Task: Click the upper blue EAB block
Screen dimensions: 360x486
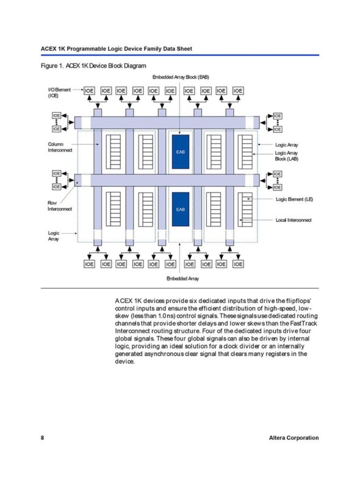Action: (x=181, y=152)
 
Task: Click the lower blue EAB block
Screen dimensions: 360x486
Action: (x=181, y=209)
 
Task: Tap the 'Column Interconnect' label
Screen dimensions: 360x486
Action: (x=60, y=147)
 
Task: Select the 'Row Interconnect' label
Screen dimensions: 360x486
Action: (x=60, y=206)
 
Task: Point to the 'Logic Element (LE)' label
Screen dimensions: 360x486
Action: (x=294, y=199)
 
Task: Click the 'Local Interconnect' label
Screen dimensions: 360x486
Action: (x=293, y=220)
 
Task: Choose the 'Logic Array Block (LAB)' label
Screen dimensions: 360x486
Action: (x=287, y=155)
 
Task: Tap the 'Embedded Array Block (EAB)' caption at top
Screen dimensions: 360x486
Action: (x=181, y=77)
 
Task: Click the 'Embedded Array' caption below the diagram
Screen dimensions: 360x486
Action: (x=182, y=278)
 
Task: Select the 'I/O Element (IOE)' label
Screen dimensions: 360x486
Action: (x=59, y=92)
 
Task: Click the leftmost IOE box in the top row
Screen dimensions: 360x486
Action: (x=89, y=90)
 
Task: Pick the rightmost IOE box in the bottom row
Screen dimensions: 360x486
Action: (x=238, y=264)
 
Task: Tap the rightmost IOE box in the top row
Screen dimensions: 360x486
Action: (x=238, y=90)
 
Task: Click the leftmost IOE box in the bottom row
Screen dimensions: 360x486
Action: (x=89, y=264)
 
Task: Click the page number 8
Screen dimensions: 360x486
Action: (x=43, y=438)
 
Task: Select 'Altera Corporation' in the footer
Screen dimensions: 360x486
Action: (x=293, y=438)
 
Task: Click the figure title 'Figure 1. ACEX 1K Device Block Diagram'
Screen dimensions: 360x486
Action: (x=93, y=66)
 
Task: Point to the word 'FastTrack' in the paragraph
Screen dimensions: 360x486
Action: (x=304, y=323)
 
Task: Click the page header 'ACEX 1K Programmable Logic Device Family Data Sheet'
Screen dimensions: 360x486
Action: (x=117, y=49)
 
